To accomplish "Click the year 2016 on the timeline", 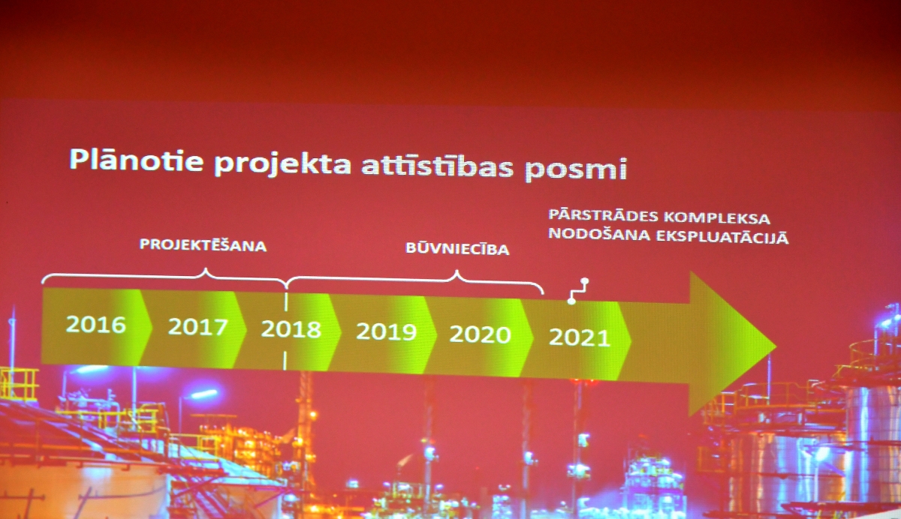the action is [x=96, y=324].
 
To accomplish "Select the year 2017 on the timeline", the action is [x=198, y=326].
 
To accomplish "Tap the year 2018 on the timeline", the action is [x=291, y=329].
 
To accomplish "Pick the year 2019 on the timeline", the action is [x=386, y=331].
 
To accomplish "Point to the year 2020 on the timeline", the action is [x=480, y=334].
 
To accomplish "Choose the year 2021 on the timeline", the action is [x=580, y=337].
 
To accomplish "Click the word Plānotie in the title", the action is [x=137, y=160].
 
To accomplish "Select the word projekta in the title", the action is [x=283, y=164].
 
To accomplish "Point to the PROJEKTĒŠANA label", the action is [x=203, y=245].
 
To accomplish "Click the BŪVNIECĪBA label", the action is [x=457, y=248].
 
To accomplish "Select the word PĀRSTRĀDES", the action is [x=604, y=215].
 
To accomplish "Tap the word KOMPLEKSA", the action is [x=717, y=218].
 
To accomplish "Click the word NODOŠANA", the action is [x=599, y=234].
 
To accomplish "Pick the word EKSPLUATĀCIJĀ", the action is [x=722, y=237].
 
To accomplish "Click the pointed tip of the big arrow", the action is [x=776, y=346].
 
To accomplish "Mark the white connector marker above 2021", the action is [x=578, y=291].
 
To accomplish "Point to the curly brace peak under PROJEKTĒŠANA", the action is [x=206, y=269].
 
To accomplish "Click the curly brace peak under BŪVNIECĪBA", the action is [x=457, y=272].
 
